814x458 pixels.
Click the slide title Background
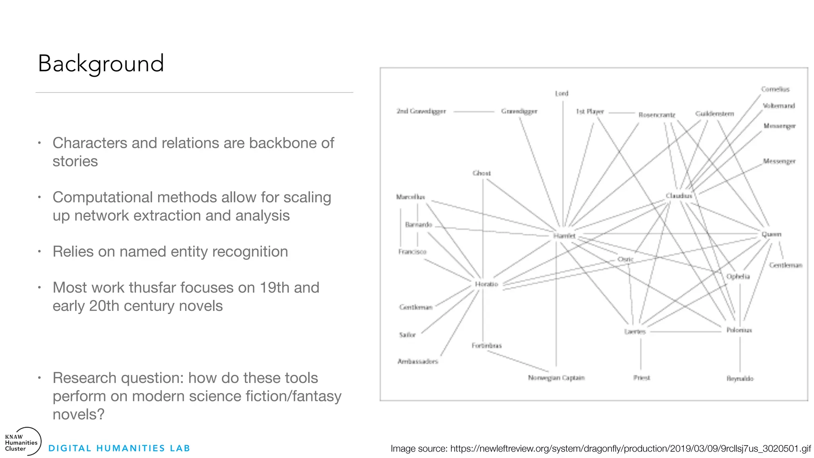coord(101,64)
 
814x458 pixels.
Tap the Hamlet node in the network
coord(564,236)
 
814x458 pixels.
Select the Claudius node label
coord(679,196)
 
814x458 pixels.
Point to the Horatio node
coord(486,284)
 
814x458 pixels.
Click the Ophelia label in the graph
coord(738,276)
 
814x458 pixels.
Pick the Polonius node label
coord(739,330)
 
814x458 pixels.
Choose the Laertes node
coord(635,332)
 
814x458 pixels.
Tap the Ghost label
coord(481,173)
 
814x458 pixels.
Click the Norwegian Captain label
coord(556,378)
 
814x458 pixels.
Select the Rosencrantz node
coord(657,115)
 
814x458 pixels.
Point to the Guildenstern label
coord(714,114)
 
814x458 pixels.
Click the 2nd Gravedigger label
coord(421,111)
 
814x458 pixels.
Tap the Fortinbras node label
coord(486,345)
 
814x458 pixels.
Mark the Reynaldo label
coord(740,378)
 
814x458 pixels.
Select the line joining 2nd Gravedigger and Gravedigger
coord(473,112)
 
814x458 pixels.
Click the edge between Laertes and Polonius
coord(686,331)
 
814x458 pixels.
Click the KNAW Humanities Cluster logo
coord(22,442)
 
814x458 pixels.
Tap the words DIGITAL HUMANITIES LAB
coord(119,448)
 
